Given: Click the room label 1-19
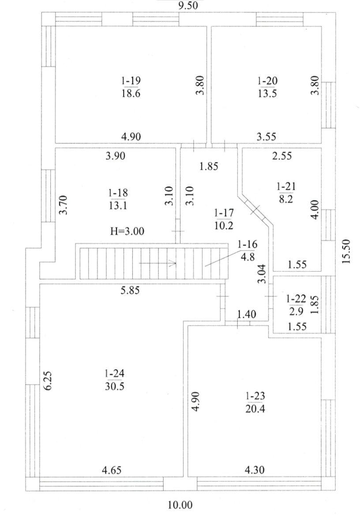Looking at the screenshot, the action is [x=131, y=81].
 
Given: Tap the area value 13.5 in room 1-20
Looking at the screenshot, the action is [x=267, y=94].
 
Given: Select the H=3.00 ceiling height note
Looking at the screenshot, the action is [x=127, y=231].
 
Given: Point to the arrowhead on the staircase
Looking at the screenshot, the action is [x=173, y=263].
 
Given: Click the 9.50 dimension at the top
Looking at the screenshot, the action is [x=188, y=5].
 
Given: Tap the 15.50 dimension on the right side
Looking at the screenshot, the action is [x=346, y=251].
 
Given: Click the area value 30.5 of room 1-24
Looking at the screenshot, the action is [x=115, y=387].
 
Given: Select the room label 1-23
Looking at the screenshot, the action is [x=255, y=395].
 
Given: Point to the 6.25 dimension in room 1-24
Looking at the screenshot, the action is [x=48, y=381].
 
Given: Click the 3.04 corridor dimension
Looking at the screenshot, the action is [x=262, y=274].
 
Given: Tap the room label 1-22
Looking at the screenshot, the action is [x=296, y=299].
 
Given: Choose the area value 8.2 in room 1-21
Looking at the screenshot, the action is [x=286, y=200].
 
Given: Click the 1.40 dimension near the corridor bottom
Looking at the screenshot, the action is [x=247, y=314].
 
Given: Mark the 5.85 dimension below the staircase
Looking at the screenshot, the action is [x=130, y=290].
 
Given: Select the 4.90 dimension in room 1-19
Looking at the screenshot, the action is [x=131, y=137].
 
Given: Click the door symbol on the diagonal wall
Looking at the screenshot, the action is [x=255, y=209].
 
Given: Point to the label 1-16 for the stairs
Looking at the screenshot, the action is [x=247, y=244].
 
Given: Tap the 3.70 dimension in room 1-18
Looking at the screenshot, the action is [x=64, y=205].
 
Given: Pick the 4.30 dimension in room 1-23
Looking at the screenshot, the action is [x=255, y=470].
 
